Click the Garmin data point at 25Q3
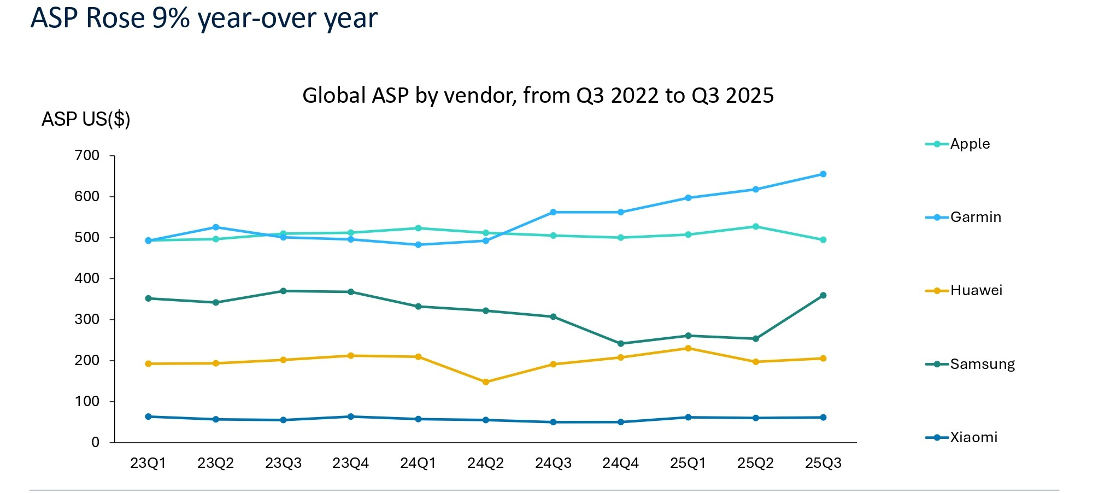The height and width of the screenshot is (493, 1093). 823,174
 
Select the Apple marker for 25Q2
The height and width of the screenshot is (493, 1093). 756,226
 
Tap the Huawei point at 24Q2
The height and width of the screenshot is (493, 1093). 486,382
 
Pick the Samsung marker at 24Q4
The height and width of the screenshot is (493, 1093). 621,344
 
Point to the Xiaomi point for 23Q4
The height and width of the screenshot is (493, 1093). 351,416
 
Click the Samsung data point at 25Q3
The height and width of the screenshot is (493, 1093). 823,296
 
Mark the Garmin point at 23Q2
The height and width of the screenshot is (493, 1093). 216,227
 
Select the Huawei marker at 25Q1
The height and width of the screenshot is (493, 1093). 688,348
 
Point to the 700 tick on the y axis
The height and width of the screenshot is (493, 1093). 87,156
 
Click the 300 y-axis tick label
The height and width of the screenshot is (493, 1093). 87,320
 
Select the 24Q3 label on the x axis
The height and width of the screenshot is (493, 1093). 553,463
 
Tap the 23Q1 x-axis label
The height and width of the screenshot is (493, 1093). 148,463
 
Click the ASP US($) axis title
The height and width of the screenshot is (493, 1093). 86,119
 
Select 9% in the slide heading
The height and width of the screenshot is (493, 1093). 171,18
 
